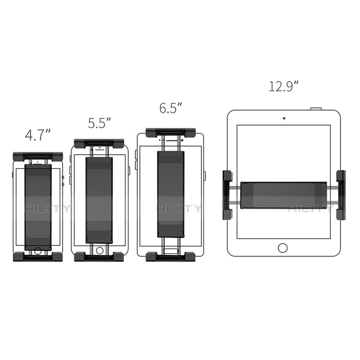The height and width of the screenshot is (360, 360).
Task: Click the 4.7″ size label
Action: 38,135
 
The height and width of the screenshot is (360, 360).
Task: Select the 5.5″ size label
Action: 99,123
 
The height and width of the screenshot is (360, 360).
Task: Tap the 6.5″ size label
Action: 171,108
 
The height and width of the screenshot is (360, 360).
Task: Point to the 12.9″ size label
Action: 284,86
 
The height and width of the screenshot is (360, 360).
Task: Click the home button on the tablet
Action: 283,248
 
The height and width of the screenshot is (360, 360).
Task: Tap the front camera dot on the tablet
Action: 284,118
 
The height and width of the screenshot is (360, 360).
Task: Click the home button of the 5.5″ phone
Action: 99,250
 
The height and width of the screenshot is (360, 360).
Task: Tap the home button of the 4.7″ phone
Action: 38,250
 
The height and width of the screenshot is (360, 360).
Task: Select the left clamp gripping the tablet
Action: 227,195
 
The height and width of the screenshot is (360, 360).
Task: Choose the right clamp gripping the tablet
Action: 341,195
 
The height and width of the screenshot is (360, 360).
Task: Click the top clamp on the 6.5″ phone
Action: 170,132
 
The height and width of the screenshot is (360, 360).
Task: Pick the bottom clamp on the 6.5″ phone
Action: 170,256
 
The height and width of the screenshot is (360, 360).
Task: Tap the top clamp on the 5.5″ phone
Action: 99,144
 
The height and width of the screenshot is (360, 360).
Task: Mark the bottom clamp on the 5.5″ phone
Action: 99,257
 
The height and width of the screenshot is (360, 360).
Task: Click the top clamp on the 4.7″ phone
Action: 38,156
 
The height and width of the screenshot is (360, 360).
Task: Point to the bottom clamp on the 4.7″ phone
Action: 38,257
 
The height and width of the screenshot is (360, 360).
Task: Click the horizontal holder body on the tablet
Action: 283,195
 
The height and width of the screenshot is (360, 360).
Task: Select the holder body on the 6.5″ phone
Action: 170,194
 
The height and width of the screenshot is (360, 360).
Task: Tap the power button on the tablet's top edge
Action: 315,109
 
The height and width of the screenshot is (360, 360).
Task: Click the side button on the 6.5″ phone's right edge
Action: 204,176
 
